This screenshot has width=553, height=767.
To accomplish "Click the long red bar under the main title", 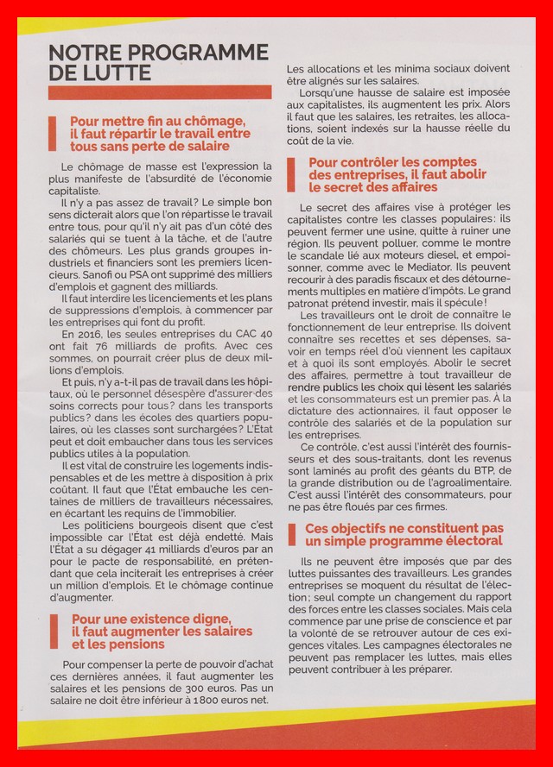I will (x=160, y=91).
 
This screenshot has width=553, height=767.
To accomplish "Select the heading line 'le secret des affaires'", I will (x=372, y=186).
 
